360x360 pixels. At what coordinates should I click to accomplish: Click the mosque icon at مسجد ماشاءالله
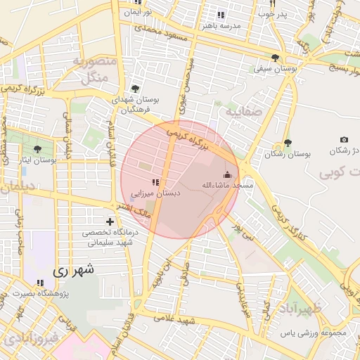(226, 174)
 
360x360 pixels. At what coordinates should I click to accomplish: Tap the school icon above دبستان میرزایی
(155, 183)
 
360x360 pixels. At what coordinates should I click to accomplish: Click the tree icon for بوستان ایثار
(37, 149)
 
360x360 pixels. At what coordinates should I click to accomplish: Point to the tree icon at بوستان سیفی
(274, 58)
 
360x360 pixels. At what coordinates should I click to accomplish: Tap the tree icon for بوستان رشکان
(288, 143)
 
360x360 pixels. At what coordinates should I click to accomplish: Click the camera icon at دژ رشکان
(344, 141)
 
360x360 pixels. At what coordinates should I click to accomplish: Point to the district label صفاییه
(243, 111)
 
